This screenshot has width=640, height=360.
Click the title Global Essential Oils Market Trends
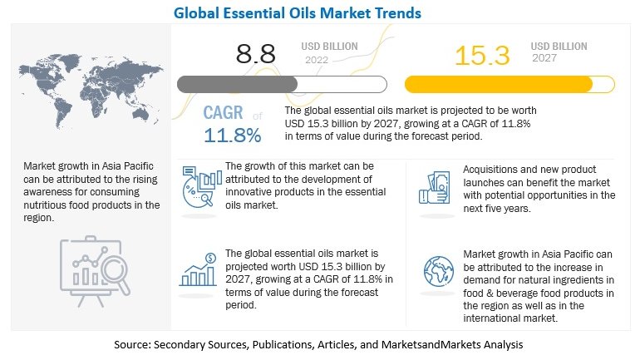tap(321, 12)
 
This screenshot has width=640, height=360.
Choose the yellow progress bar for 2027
tap(510, 84)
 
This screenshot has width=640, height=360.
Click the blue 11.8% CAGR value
tap(233, 134)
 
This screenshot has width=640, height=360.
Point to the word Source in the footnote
tap(132, 343)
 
